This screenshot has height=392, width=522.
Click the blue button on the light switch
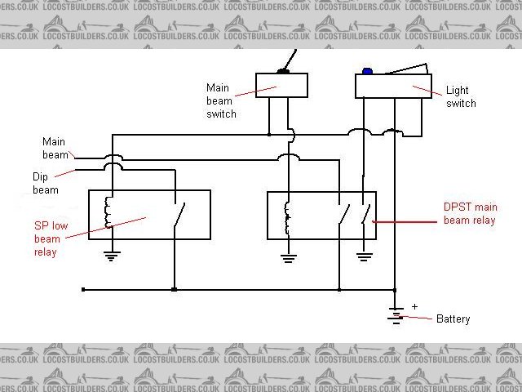tap(367, 72)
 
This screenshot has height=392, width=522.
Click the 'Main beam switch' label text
tap(221, 101)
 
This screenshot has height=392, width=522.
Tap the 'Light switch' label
tap(461, 97)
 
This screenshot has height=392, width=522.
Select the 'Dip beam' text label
tap(45, 183)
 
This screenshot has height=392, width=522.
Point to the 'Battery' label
tap(453, 318)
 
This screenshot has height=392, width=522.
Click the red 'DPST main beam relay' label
tap(468, 215)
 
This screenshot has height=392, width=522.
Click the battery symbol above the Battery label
tap(396, 313)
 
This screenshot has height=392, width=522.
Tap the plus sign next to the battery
tap(414, 306)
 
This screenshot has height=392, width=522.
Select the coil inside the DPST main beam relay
tap(286, 216)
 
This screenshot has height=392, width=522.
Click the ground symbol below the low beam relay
tap(108, 255)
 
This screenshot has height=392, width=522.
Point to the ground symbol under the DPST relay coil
tap(287, 258)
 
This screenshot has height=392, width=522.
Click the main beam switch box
tap(281, 84)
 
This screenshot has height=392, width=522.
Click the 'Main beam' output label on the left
tap(55, 147)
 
